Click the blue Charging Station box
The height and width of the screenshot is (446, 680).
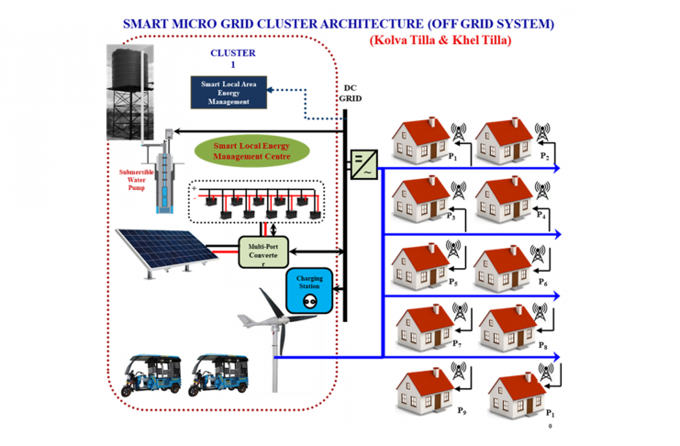(x=307, y=290)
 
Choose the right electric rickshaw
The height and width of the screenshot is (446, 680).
(x=219, y=373)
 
